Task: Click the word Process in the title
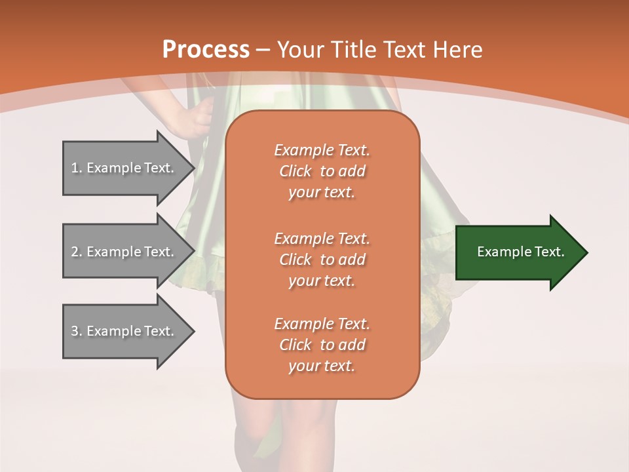(x=206, y=49)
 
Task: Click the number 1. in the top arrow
(x=77, y=168)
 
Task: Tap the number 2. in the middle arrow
(x=77, y=252)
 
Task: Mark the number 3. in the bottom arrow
(x=77, y=331)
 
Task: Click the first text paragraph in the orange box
(x=322, y=171)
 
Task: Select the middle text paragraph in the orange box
(x=322, y=260)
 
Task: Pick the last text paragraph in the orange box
(x=322, y=345)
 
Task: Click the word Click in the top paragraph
(x=295, y=171)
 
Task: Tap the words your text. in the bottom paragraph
(x=322, y=366)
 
